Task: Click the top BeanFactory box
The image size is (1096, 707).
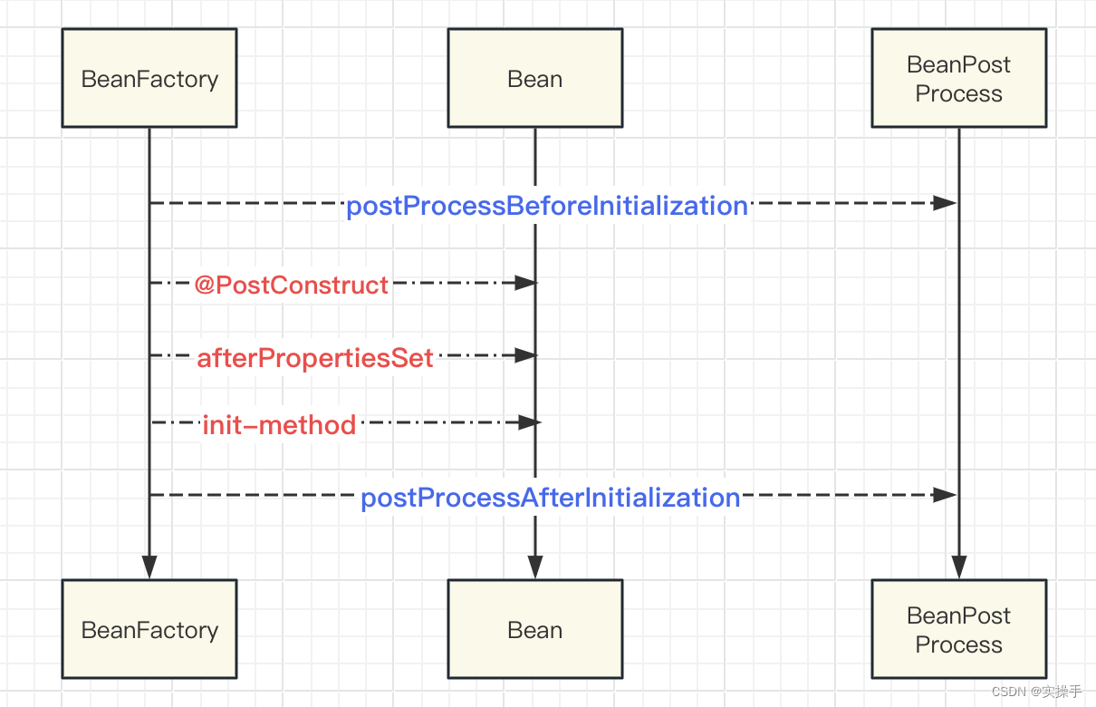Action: [x=149, y=79]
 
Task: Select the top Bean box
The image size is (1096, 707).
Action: [x=534, y=79]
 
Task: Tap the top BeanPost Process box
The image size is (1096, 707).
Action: [x=958, y=79]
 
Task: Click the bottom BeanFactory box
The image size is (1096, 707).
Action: [x=149, y=630]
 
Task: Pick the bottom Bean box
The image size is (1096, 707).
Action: [x=534, y=630]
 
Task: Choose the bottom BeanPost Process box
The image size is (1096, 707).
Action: [x=958, y=630]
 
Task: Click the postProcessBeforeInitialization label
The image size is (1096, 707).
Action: [x=547, y=206]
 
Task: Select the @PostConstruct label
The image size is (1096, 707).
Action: [x=291, y=286]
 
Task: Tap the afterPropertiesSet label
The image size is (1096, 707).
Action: [x=315, y=358]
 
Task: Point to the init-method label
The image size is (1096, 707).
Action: [x=279, y=424]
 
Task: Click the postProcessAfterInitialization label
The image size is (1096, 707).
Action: [x=551, y=498]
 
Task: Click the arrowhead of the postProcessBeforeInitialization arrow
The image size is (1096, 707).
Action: [x=946, y=203]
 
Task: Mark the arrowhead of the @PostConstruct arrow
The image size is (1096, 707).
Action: [x=526, y=283]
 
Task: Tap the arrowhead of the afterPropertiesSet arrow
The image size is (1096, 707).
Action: [x=526, y=355]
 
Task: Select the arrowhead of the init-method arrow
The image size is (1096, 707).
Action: [x=529, y=422]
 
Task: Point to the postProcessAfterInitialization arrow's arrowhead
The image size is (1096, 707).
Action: [x=946, y=495]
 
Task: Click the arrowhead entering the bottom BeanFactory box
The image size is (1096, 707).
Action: [x=149, y=567]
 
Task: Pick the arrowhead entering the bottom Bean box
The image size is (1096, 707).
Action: [x=534, y=567]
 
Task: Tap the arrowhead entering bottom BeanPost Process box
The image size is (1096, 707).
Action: [x=958, y=567]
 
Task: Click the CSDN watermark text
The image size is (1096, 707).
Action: [x=1036, y=692]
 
